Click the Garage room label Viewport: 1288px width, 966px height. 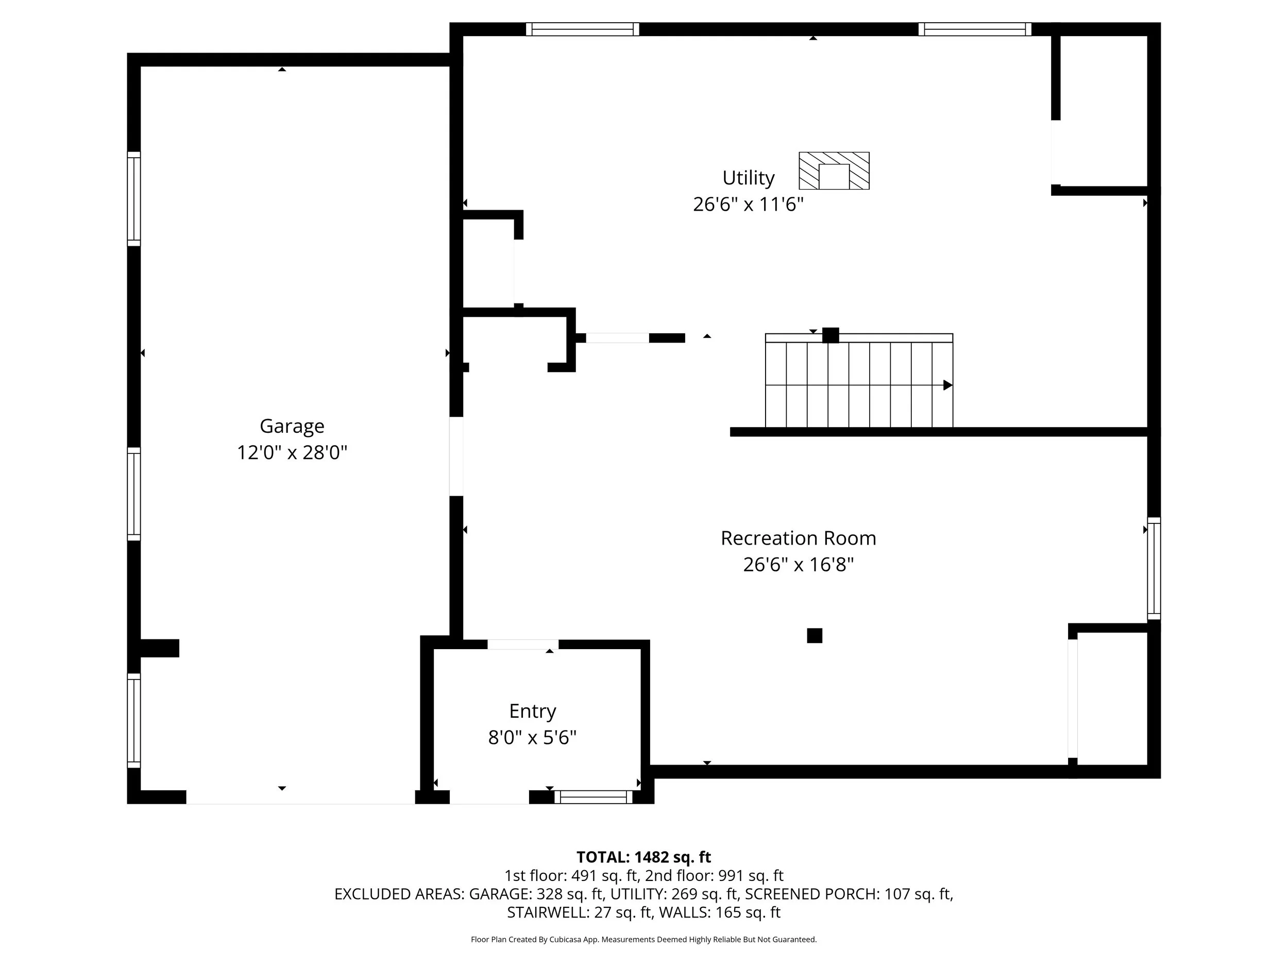(x=292, y=427)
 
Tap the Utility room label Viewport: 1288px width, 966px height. (x=748, y=178)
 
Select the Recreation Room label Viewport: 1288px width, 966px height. (x=799, y=538)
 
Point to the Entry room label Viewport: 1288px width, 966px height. (x=532, y=711)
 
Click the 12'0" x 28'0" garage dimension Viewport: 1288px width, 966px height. (x=292, y=452)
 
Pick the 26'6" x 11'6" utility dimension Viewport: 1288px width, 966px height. (x=748, y=205)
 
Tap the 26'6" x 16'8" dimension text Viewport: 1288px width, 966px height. (x=799, y=565)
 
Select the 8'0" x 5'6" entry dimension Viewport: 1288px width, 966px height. (x=532, y=738)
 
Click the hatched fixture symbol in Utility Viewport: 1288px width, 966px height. (x=834, y=171)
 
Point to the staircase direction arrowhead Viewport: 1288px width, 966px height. (x=947, y=385)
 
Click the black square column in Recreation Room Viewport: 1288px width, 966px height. (x=815, y=635)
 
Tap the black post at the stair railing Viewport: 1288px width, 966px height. (x=831, y=335)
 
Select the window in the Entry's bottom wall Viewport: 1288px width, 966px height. (x=594, y=797)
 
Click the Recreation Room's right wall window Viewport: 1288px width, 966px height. (x=1154, y=568)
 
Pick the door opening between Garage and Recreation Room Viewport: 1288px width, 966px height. (x=456, y=456)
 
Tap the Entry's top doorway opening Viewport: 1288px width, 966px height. (x=523, y=644)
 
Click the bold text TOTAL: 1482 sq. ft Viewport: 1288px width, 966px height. (x=643, y=857)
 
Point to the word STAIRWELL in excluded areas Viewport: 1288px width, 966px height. (x=547, y=912)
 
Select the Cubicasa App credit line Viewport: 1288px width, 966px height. (x=643, y=939)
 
